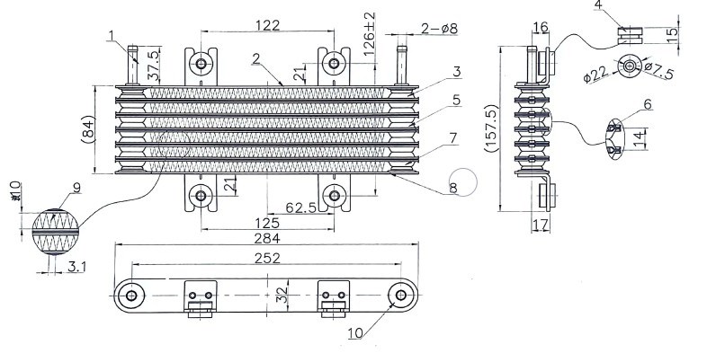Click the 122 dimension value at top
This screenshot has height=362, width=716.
pyautogui.click(x=267, y=24)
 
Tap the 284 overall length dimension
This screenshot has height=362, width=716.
pyautogui.click(x=267, y=238)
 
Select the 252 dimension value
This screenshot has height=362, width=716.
pyautogui.click(x=267, y=258)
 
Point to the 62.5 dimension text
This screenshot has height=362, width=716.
pyautogui.click(x=301, y=207)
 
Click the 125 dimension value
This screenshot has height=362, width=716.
pyautogui.click(x=267, y=223)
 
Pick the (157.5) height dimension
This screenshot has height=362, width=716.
pyautogui.click(x=491, y=128)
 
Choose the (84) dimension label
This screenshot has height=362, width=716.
pyautogui.click(x=88, y=129)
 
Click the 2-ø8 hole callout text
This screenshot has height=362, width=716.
pyautogui.click(x=439, y=29)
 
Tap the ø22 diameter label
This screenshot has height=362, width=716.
pyautogui.click(x=596, y=75)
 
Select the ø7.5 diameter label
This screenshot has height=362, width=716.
pyautogui.click(x=658, y=71)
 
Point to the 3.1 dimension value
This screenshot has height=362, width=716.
pyautogui.click(x=76, y=267)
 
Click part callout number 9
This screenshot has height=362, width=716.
pyautogui.click(x=76, y=188)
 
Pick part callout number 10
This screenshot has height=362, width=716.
pyautogui.click(x=355, y=333)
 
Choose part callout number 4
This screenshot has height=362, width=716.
pyautogui.click(x=598, y=5)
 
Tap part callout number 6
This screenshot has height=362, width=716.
pyautogui.click(x=648, y=104)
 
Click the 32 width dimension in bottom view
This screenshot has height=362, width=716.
pyautogui.click(x=283, y=294)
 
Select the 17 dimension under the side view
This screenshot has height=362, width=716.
pyautogui.click(x=541, y=225)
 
